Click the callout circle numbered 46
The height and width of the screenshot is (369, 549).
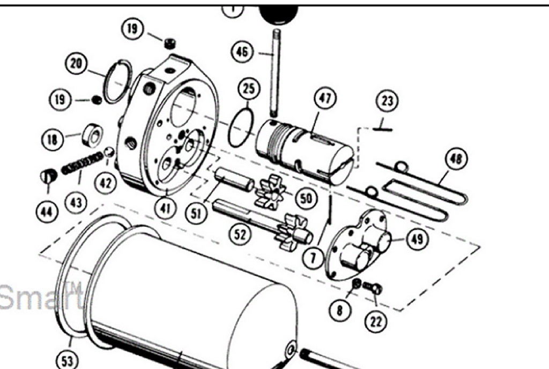click(242, 52)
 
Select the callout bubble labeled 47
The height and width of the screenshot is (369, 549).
click(325, 98)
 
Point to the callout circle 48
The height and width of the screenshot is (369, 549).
click(456, 159)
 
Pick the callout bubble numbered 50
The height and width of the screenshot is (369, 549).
click(305, 199)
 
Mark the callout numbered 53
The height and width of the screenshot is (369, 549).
click(67, 360)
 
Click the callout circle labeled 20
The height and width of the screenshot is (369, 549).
click(76, 63)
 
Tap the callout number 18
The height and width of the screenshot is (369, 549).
click(52, 140)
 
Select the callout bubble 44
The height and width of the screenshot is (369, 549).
click(47, 211)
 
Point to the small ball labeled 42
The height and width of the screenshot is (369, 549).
click(109, 153)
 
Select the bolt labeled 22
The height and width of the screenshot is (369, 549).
click(373, 288)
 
